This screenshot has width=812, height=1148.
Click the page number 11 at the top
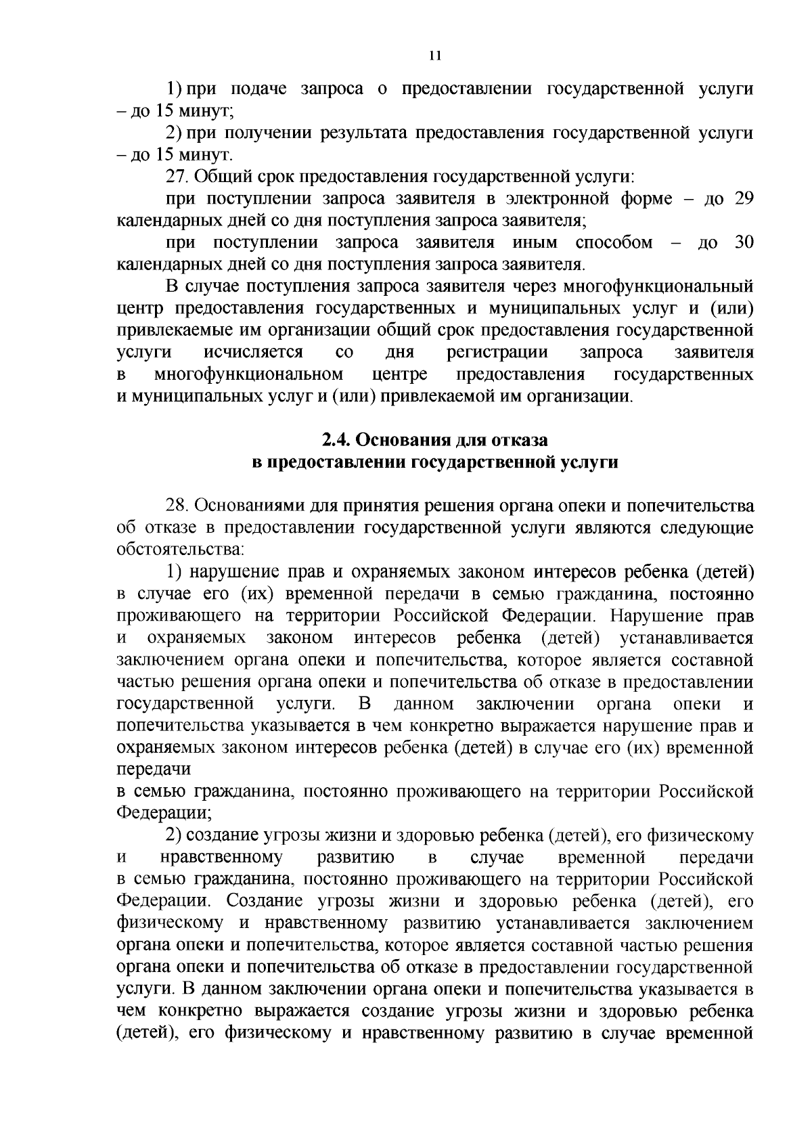pos(435,56)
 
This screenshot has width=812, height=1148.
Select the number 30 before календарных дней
pos(743,242)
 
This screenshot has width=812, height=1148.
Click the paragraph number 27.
pos(179,177)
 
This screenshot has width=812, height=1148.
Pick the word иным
pos(534,242)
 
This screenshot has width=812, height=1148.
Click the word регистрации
pos(497,352)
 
